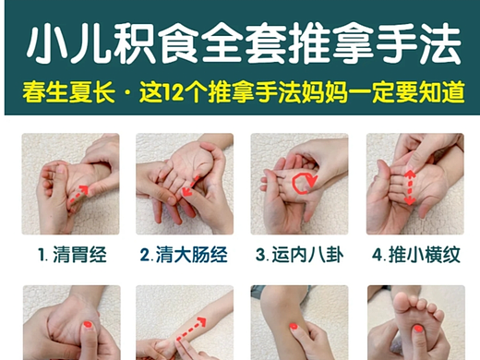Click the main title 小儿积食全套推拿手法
244,44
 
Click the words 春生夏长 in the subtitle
68,92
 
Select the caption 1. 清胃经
72,255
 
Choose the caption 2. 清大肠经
184,255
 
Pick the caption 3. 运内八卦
299,255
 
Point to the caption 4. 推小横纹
416,255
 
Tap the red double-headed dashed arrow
410,187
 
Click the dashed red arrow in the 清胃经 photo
79,195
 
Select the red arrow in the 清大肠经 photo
190,186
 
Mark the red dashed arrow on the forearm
191,330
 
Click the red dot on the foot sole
418,329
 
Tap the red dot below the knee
293,327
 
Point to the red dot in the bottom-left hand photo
88,324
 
